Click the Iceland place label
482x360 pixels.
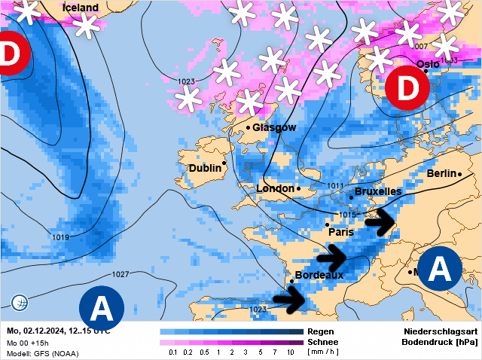(x=81, y=8)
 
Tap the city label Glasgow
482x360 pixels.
(x=274, y=127)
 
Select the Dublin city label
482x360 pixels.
(x=205, y=168)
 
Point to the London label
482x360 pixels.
(x=275, y=188)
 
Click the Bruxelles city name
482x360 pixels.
(x=377, y=191)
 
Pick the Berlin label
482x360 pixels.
(x=441, y=173)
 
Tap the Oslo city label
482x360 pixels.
(x=428, y=65)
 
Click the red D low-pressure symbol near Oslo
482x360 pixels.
(x=407, y=87)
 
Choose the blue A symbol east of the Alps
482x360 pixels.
(x=439, y=269)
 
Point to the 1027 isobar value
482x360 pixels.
(x=120, y=274)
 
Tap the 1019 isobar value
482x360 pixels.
(x=61, y=237)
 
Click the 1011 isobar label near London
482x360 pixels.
(x=335, y=185)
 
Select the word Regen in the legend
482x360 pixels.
(x=320, y=331)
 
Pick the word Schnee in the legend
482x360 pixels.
(x=323, y=342)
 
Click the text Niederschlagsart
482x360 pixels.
(x=441, y=331)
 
